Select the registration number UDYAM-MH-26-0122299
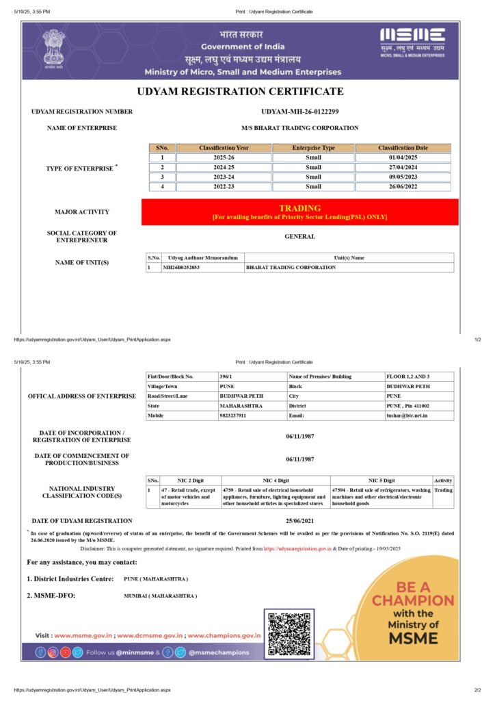point(299,112)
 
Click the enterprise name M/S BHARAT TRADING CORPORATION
point(299,128)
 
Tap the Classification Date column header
point(403,148)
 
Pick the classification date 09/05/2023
point(403,177)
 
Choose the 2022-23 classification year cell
point(224,186)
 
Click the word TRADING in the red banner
point(299,207)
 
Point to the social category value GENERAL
point(299,237)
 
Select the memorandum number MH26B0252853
point(181,267)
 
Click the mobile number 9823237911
point(232,416)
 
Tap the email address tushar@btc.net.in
point(407,416)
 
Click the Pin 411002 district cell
point(407,406)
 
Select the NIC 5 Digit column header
point(381,481)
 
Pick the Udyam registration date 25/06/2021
point(299,521)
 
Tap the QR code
point(289,634)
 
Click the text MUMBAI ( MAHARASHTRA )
point(160,596)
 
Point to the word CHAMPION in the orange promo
point(413,600)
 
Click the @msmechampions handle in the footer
point(219,652)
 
